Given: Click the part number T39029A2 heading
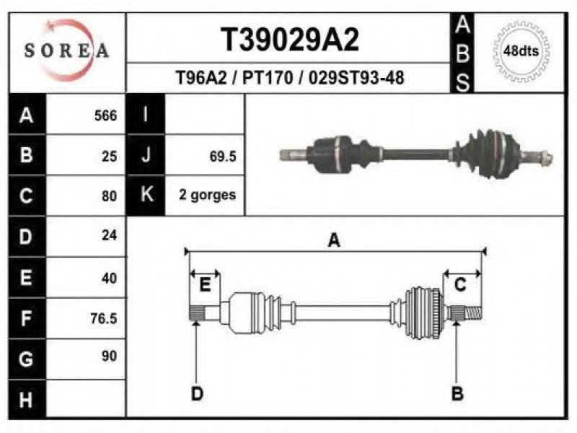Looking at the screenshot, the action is coord(290,40).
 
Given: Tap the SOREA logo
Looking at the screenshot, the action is coord(67,50).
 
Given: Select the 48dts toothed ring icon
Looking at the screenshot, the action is coord(521,51).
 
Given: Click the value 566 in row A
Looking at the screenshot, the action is coord(105,115).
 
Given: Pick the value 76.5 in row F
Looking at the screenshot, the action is coord(104,318).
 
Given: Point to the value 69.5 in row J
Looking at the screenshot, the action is coord(223,157).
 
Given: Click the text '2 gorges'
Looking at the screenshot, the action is coord(207,195).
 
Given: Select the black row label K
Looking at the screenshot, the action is coord(146,195).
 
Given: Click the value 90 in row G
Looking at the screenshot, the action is coord(110,356).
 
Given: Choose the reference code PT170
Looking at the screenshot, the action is coord(267,78).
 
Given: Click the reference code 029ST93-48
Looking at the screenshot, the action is coord(356,78).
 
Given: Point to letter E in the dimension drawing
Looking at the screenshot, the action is coord(205,284).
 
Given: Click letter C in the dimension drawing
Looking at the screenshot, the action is coord(460,284).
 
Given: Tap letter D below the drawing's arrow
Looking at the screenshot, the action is coord(197,394).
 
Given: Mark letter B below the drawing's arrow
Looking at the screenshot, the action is coord(457,393).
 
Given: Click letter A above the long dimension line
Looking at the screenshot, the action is coord(334,240).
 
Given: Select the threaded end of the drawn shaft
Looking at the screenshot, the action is coord(473,314).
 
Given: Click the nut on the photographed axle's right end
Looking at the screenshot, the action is coord(547,157).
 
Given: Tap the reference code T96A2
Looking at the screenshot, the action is coord(201,78).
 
